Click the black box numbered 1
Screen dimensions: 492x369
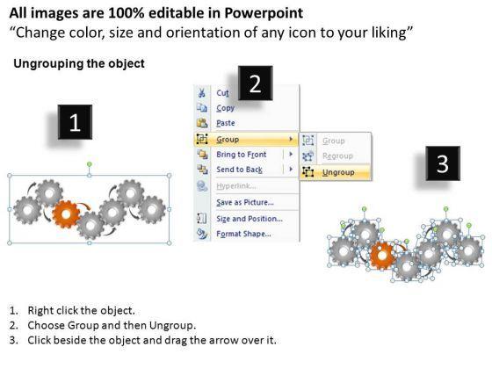[x=75, y=122]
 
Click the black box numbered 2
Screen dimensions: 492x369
[x=255, y=83]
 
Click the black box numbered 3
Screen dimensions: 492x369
[x=443, y=163]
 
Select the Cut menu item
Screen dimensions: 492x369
[x=222, y=93]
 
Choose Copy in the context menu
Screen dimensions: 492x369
[x=225, y=108]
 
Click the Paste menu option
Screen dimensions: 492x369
[x=226, y=123]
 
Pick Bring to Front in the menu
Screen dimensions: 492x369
[x=242, y=155]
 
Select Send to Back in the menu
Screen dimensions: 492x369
[x=239, y=170]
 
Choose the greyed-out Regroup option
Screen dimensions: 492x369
[x=337, y=156]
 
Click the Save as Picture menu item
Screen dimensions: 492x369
[x=245, y=202]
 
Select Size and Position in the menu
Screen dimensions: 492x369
[x=250, y=219]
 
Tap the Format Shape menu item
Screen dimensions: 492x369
[x=243, y=234]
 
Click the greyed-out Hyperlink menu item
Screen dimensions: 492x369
[x=236, y=186]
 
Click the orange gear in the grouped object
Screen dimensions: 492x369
[x=66, y=214]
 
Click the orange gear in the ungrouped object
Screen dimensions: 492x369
[x=382, y=256]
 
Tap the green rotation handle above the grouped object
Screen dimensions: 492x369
[x=90, y=164]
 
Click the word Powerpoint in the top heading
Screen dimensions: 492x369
[x=264, y=13]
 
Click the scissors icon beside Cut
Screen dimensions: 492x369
[x=202, y=92]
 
